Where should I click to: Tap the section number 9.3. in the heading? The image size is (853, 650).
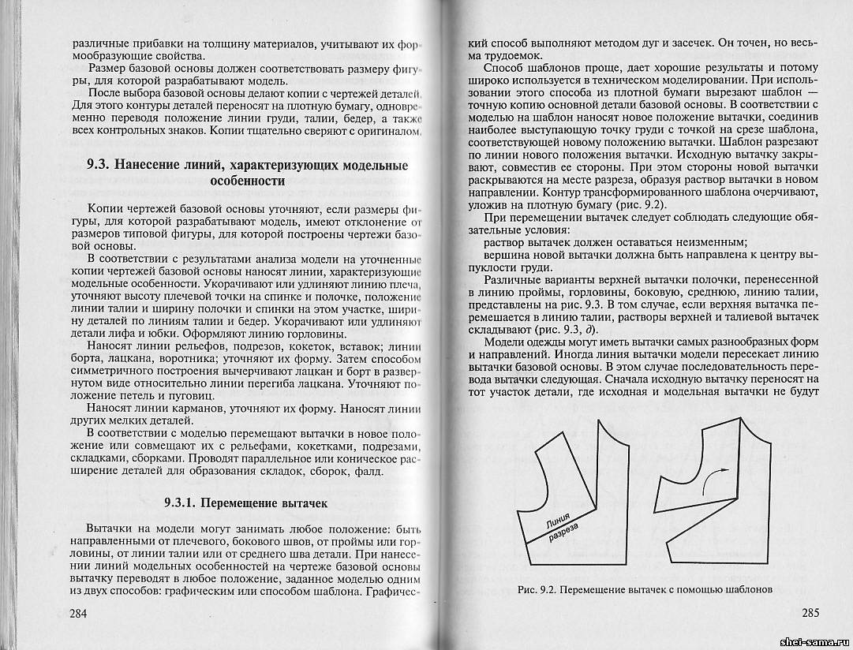coord(100,166)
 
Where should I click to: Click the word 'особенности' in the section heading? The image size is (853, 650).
coord(247,181)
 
